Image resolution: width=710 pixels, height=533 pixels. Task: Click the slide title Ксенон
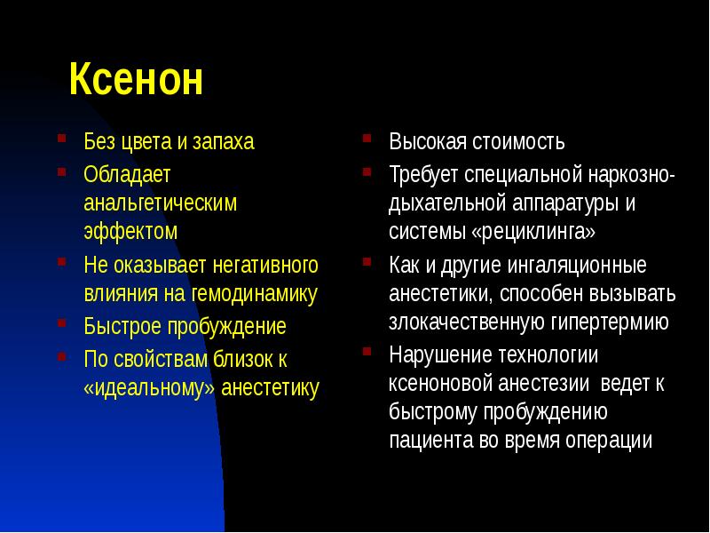pos(137,81)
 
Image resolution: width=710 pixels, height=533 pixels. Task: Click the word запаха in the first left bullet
pos(224,142)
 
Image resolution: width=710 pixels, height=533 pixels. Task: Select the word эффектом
pos(130,232)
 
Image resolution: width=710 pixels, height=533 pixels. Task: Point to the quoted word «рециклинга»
pos(536,232)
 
